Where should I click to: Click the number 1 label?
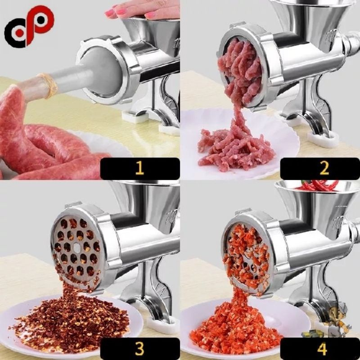(139, 168)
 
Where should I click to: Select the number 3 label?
(139, 348)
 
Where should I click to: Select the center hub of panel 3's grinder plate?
(77, 247)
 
